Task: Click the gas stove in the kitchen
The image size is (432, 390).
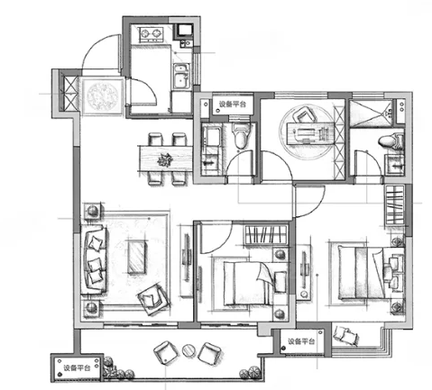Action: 151,34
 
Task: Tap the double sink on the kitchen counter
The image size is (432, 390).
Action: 181,77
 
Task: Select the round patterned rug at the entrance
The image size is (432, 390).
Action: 102,96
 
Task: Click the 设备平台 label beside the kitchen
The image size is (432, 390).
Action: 233,104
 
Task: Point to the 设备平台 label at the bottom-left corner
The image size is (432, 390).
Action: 77,368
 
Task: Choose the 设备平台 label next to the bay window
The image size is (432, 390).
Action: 301,341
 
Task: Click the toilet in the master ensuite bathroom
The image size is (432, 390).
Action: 391,141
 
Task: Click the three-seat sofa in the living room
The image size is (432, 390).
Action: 94,259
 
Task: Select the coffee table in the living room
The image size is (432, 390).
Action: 137,258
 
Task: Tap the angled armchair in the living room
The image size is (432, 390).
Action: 153,298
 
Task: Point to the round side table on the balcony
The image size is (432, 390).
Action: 188,350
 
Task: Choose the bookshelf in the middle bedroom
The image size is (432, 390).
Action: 266,234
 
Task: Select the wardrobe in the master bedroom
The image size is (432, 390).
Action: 395,205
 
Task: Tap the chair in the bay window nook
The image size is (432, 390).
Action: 346,336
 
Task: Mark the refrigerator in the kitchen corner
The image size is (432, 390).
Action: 185,31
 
